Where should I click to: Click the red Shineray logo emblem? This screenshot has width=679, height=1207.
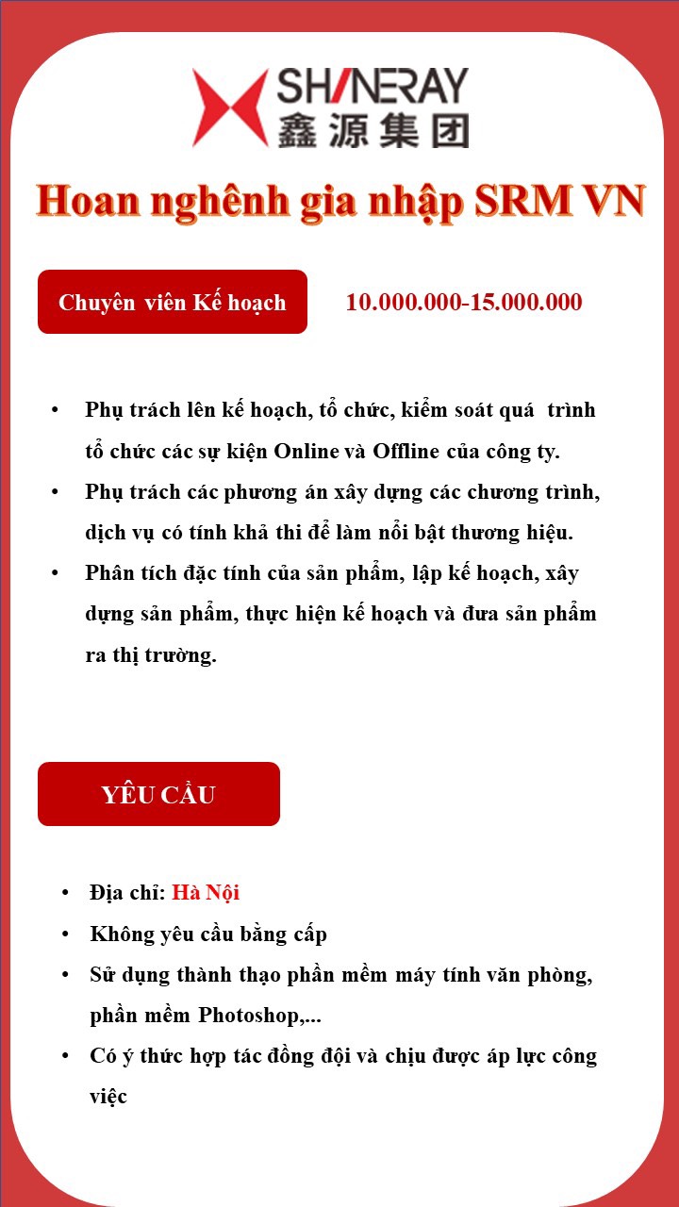coord(231,107)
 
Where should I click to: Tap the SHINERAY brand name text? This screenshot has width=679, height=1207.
coord(373,87)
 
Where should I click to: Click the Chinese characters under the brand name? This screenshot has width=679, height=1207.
coord(373,130)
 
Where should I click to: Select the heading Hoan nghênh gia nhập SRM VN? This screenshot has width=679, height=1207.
coord(339,201)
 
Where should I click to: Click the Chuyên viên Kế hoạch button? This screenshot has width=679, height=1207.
coord(173,302)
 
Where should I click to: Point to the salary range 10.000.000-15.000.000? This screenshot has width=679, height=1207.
coord(464,303)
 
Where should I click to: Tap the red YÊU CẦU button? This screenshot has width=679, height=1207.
coord(158,794)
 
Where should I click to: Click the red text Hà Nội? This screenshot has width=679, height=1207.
coord(206,892)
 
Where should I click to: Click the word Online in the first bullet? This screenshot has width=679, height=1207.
coord(306,452)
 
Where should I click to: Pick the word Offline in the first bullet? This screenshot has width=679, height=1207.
coord(406,452)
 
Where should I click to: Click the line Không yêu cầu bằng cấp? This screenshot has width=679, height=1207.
coord(208,934)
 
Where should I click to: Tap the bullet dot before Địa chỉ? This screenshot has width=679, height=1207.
coord(64,892)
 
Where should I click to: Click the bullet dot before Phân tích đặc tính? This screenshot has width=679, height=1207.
coord(56,573)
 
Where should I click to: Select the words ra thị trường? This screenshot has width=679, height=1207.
coord(151,655)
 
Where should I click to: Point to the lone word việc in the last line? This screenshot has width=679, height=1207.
coord(108,1097)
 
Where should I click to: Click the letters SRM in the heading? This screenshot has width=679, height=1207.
coord(519,201)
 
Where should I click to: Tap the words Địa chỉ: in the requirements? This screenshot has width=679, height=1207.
coord(127,892)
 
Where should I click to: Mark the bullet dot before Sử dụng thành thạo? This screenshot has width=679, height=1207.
coord(64,975)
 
